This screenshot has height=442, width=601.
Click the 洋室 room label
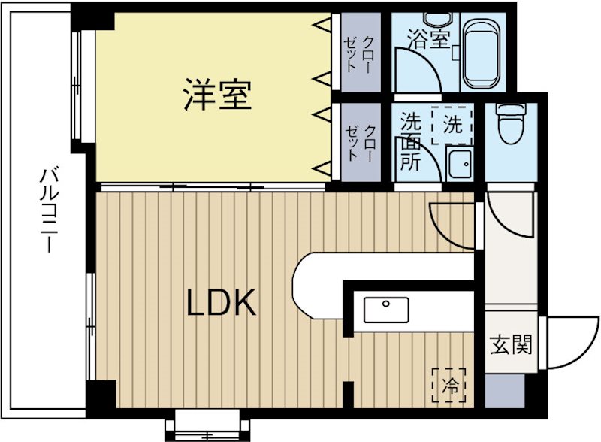tap(217, 95)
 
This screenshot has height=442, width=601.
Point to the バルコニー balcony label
tap(47, 212)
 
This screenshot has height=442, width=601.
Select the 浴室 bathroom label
tap(427, 38)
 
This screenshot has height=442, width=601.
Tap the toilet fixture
tap(510, 123)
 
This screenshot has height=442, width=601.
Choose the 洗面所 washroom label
tap(409, 142)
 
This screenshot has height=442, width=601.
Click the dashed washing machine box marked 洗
tap(452, 125)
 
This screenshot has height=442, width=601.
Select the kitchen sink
tap(386, 309)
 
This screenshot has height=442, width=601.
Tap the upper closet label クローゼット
tap(359, 53)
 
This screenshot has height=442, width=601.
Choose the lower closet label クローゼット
tap(360, 142)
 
